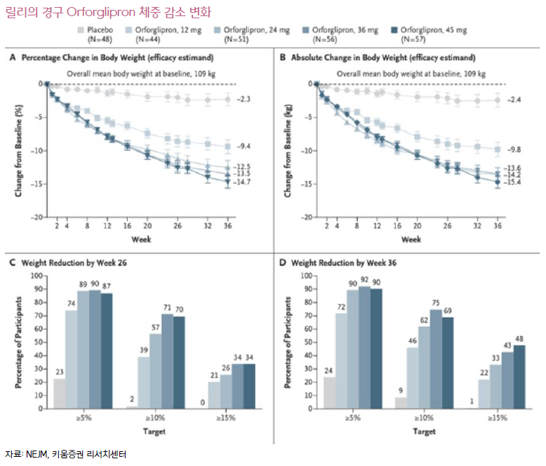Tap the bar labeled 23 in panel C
(x=60, y=393)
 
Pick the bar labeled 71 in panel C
(x=166, y=361)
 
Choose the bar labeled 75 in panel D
(x=436, y=359)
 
